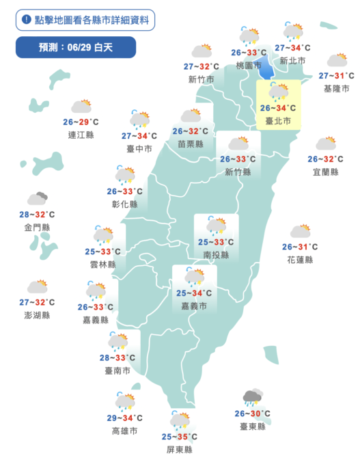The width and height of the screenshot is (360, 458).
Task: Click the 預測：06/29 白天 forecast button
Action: [x=76, y=47]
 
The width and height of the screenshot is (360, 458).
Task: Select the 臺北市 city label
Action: [x=277, y=120]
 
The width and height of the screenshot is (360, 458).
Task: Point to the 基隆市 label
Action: [x=336, y=89]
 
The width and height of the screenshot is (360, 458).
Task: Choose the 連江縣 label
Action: [x=81, y=135]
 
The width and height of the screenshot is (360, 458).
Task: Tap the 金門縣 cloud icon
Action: [x=38, y=199]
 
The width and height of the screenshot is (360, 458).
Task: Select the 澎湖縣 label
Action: [x=38, y=315]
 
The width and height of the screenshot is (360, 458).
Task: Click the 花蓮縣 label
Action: [x=300, y=260]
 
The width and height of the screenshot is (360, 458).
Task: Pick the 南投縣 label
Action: [x=216, y=254]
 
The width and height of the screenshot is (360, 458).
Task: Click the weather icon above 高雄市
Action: [x=125, y=401]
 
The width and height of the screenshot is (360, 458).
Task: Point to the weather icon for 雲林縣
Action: [x=103, y=235]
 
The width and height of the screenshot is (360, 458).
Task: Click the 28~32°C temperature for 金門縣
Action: [x=38, y=215]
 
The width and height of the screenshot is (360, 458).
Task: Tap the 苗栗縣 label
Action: [x=191, y=144]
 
